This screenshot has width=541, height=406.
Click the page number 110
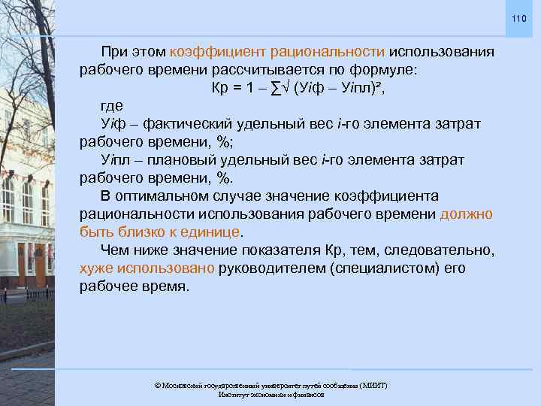[x=519, y=18]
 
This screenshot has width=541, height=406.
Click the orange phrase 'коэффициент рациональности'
[x=278, y=52]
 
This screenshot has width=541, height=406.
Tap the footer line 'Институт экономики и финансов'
[x=270, y=395]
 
